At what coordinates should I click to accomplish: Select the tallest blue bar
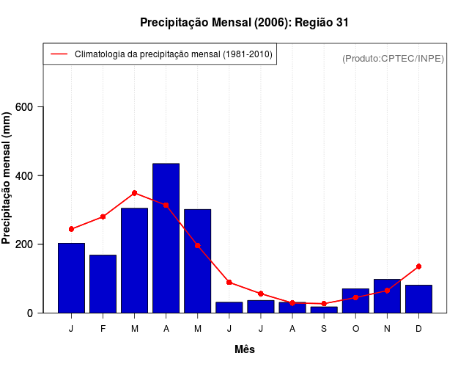166,239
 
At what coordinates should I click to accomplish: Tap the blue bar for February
103,284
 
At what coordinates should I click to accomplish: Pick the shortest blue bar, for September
323,310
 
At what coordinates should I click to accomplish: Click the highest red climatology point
134,193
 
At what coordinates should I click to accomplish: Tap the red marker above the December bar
418,266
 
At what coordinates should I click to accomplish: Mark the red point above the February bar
103,217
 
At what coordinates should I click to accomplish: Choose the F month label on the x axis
103,329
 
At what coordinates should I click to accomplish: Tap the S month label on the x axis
323,329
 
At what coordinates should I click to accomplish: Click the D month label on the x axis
418,329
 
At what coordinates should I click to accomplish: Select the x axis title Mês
245,349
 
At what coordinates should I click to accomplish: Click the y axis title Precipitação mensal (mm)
8,178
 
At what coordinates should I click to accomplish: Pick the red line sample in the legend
59,54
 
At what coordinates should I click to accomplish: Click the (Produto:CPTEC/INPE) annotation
393,58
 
